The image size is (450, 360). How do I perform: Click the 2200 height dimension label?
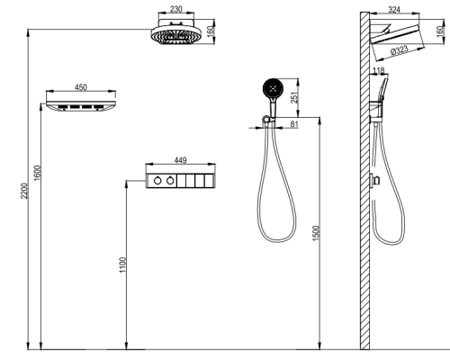pos(24,191)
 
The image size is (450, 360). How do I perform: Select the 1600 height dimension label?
pos(37,173)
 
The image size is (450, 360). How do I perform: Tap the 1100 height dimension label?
pos(122,265)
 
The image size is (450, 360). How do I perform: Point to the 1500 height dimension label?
pos(316,233)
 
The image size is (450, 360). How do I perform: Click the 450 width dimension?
pos(81,87)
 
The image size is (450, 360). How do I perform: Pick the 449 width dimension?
pos(180,160)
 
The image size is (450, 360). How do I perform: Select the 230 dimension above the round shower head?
pos(176,9)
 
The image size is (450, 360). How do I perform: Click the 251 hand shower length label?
pos(295,97)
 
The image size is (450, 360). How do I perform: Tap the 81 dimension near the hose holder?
pos(294,124)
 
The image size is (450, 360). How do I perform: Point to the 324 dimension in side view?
pos(394,10)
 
